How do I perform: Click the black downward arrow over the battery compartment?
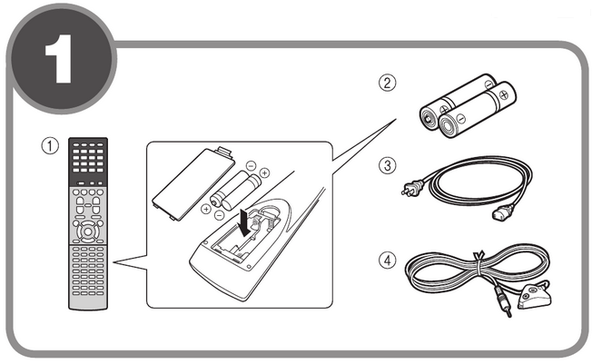click(244, 221)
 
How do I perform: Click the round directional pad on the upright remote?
click(88, 230)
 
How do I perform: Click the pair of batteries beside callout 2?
click(467, 107)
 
